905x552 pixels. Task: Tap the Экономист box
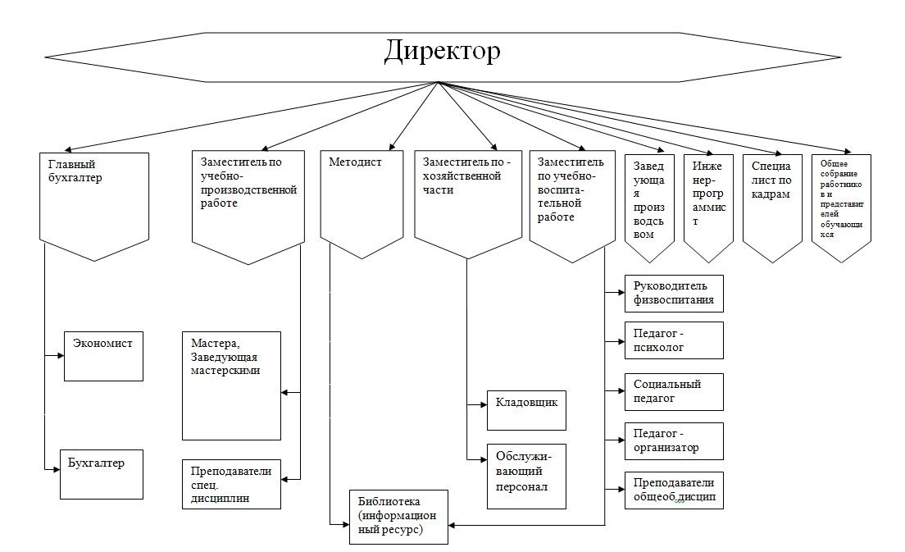[103, 355]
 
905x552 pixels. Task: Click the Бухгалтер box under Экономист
[102, 474]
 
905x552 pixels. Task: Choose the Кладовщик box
[526, 410]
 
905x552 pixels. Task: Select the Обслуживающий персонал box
[526, 476]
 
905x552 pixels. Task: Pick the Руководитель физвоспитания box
[674, 294]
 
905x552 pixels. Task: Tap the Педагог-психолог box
[674, 340]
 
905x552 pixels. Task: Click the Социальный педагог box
[674, 391]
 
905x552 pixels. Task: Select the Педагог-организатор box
[674, 441]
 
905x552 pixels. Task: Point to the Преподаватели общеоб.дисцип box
[674, 490]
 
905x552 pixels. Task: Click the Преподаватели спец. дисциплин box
[231, 484]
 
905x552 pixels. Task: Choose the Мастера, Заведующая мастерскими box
[231, 385]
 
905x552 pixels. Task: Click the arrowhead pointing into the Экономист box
[60, 356]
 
